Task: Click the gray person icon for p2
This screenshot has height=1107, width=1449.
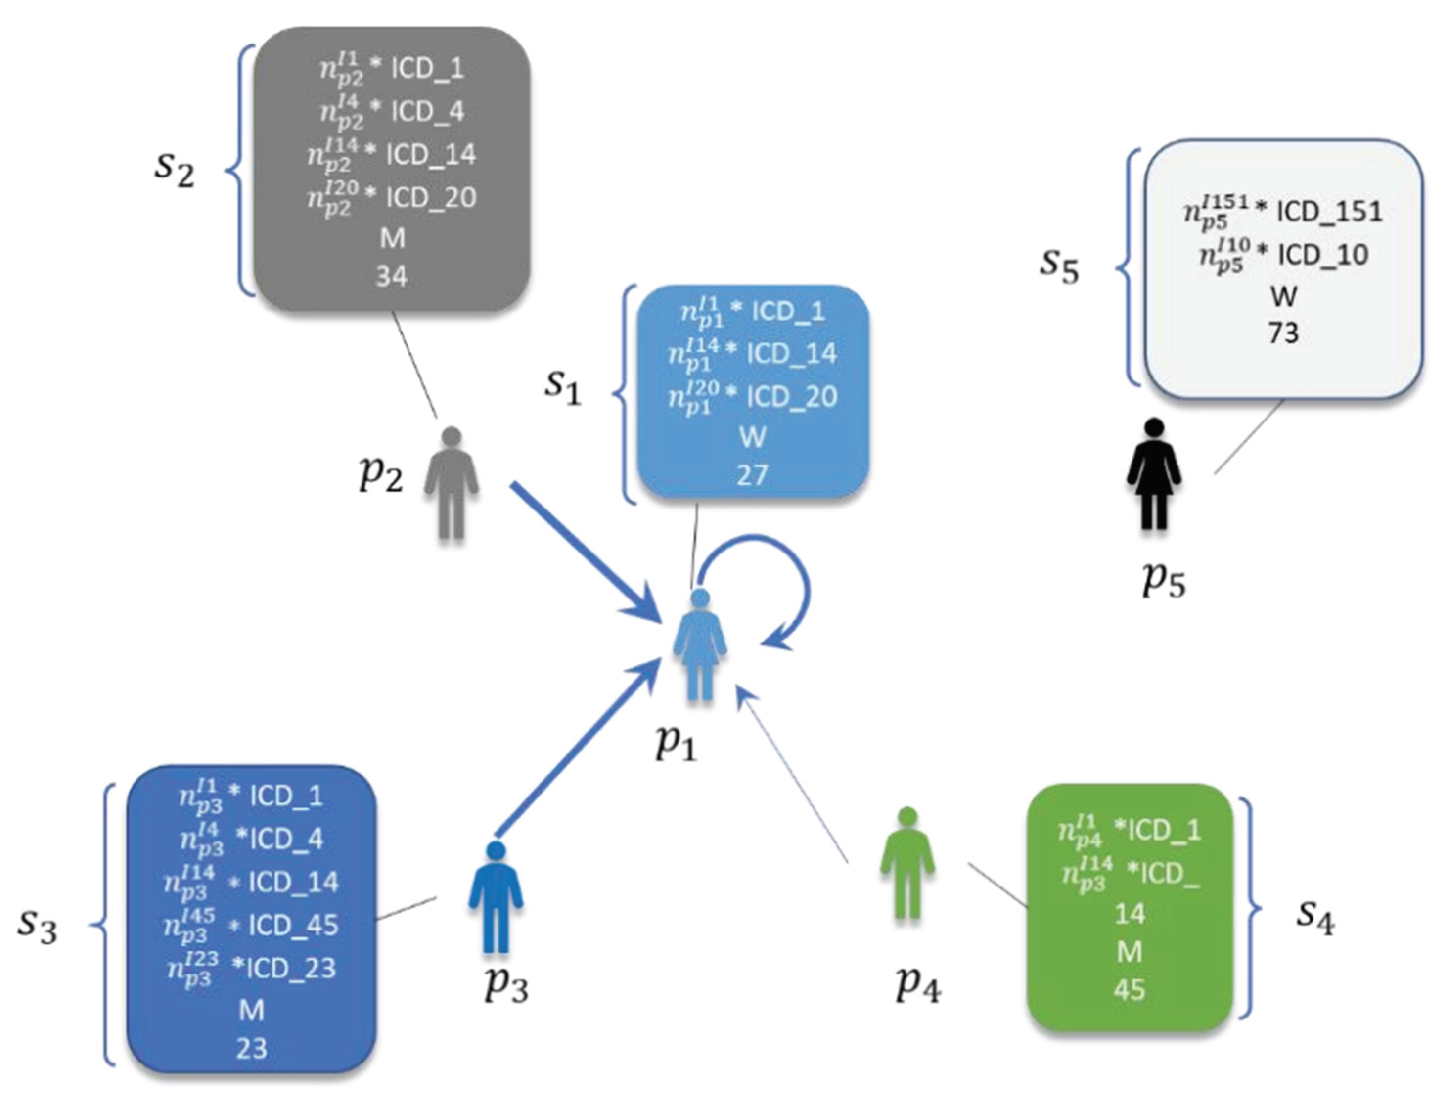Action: click(452, 484)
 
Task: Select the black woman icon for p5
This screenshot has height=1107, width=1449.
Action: click(1154, 474)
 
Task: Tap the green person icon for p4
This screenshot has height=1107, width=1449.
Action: click(908, 863)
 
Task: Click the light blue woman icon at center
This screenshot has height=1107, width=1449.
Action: click(700, 646)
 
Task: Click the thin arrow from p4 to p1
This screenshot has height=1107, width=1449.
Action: click(791, 777)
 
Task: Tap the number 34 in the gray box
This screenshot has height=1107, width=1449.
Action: click(391, 277)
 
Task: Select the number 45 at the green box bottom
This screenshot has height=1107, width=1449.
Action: click(1129, 990)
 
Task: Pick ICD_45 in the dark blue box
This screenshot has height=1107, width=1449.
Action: click(294, 926)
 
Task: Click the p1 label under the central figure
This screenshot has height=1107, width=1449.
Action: click(676, 743)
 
